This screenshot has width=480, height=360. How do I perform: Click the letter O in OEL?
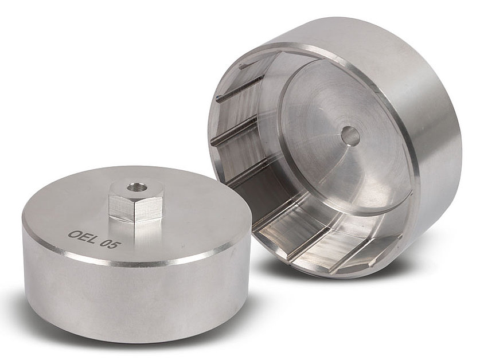click(x=75, y=234)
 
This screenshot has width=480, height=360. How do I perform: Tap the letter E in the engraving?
click(x=83, y=237)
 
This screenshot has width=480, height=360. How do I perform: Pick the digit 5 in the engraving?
click(x=115, y=245)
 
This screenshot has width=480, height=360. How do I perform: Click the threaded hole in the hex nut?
click(x=133, y=186)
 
